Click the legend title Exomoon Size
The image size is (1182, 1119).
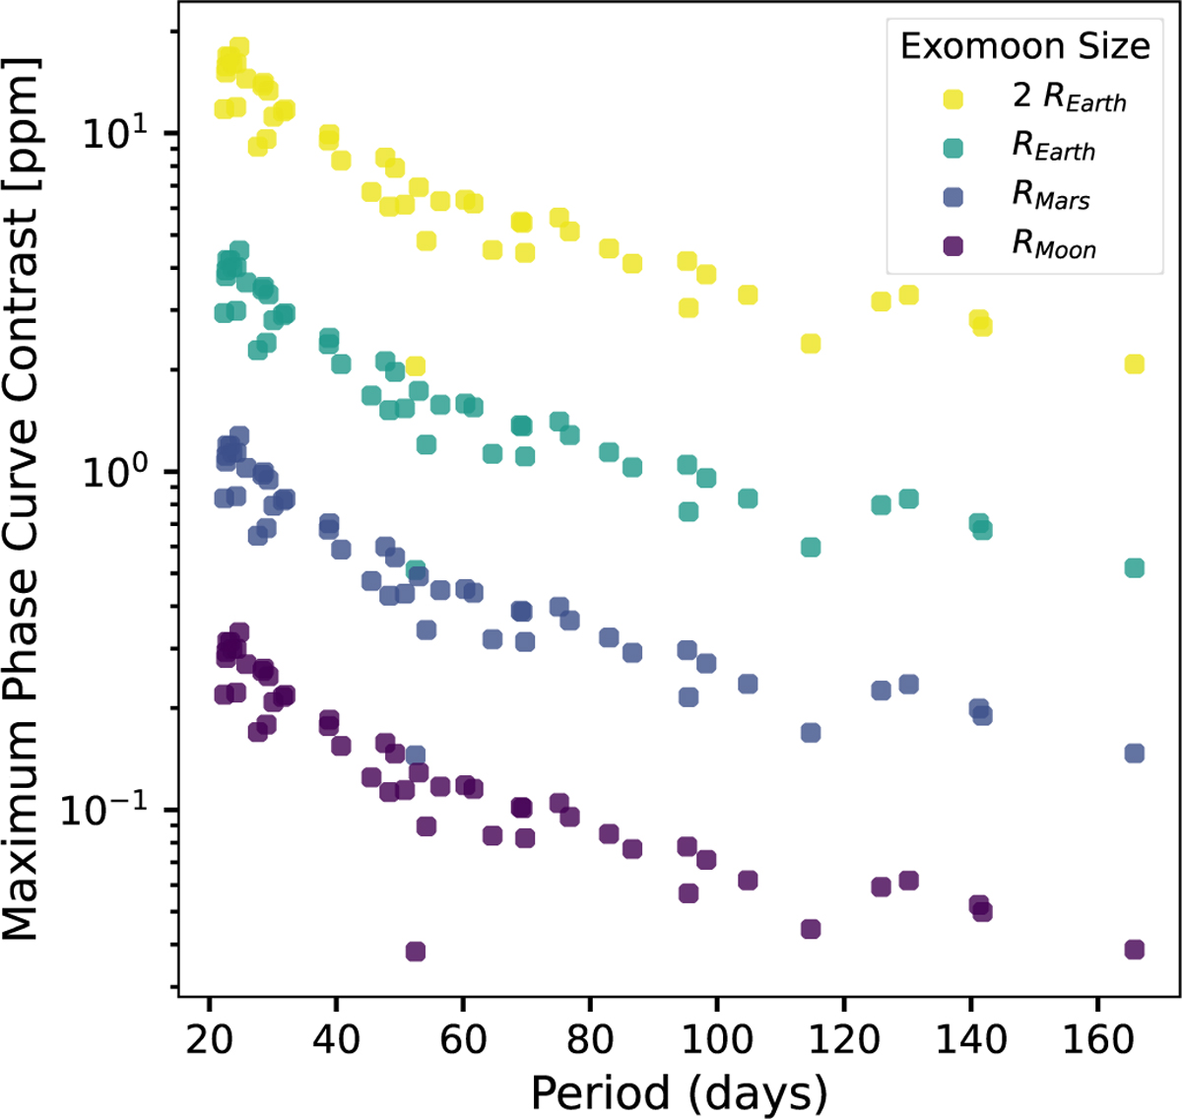(1024, 46)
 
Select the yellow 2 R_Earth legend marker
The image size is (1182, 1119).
(952, 99)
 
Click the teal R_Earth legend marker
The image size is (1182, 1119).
(952, 148)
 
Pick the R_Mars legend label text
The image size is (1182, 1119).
(1051, 196)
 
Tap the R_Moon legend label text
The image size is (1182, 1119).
(1054, 245)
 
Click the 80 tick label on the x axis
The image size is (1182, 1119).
(590, 1039)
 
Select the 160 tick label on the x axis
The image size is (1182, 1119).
(1098, 1039)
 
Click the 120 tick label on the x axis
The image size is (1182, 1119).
(844, 1039)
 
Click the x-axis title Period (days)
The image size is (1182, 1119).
(679, 1091)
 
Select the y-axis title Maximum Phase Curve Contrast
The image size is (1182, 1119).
(22, 497)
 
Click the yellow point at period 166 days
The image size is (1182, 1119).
(1134, 364)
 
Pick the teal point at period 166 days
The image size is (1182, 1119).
(1134, 568)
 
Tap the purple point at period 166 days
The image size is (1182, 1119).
(1134, 950)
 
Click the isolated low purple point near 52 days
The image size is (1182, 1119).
(416, 952)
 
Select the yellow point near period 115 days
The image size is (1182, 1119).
(811, 344)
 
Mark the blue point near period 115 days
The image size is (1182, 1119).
(811, 733)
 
